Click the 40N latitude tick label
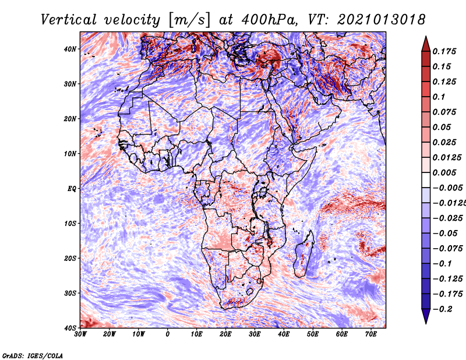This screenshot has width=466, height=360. (x=70, y=49)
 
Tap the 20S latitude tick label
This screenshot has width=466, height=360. (x=70, y=258)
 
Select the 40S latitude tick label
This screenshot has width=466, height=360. (x=70, y=327)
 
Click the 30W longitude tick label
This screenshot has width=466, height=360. (x=80, y=334)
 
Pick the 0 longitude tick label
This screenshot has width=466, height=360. (x=168, y=334)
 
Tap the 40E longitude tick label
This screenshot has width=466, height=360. (x=284, y=334)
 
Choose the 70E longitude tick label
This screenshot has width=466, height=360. (x=371, y=334)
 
